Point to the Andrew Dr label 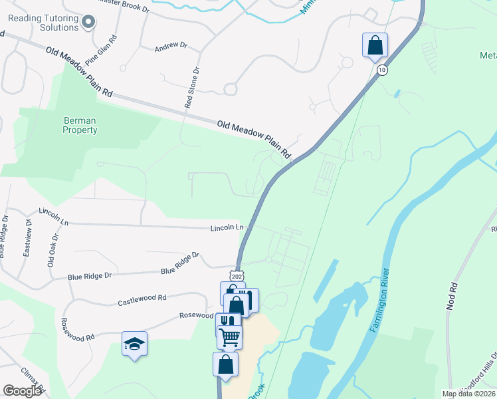(167, 47)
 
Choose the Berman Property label (80, 126)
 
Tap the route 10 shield (381, 69)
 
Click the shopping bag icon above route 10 (375, 45)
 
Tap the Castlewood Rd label (142, 301)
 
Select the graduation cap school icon (134, 344)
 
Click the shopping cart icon (229, 336)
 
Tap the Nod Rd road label (454, 297)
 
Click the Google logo (23, 390)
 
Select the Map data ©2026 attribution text (468, 394)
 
